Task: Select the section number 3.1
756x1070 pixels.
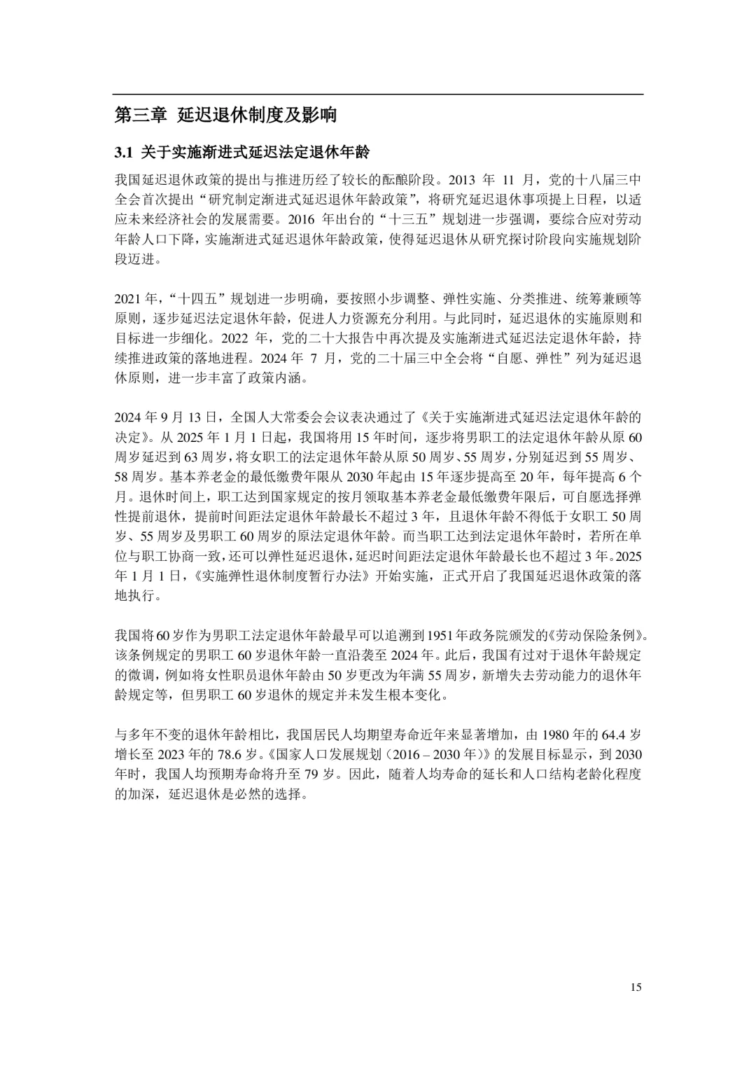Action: coord(123,152)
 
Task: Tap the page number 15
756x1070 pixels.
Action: coord(636,987)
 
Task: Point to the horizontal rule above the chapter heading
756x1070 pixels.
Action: coord(378,94)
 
